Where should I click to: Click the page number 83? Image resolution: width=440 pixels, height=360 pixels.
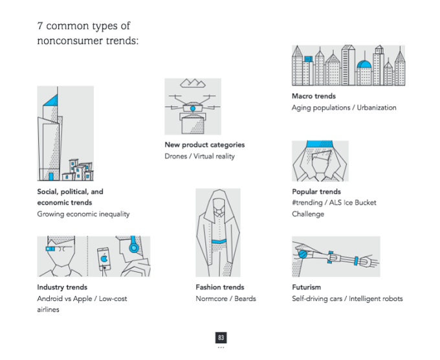click(x=221, y=337)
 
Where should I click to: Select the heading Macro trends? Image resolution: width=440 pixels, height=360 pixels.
click(x=314, y=96)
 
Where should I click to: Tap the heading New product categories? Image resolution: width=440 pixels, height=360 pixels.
click(x=204, y=145)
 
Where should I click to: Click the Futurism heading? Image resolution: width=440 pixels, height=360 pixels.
click(x=307, y=287)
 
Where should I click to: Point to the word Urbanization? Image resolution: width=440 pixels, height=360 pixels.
click(x=377, y=107)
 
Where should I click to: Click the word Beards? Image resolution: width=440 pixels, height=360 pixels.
click(x=245, y=298)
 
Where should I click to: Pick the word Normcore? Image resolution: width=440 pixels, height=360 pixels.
click(x=212, y=298)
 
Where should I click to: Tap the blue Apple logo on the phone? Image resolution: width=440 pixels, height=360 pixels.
click(x=104, y=258)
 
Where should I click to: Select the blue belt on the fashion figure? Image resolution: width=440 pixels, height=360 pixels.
click(x=219, y=242)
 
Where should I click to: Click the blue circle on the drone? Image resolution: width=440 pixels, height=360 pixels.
click(x=193, y=108)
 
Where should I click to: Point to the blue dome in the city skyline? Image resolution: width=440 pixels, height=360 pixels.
click(x=364, y=64)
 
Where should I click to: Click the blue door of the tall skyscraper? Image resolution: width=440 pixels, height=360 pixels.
click(x=51, y=176)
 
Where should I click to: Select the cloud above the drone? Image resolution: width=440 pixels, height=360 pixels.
click(x=193, y=83)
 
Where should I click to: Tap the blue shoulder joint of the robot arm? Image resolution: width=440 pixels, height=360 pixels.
click(x=303, y=254)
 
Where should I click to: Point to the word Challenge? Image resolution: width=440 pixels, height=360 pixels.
click(x=308, y=214)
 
